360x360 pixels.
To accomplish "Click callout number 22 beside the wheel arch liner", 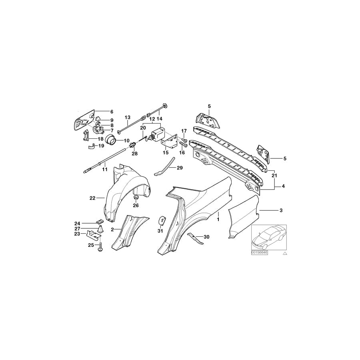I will (x=92, y=198).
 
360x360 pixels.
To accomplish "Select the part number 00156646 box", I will (x=260, y=253).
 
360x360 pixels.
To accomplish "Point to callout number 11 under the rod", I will (x=104, y=170).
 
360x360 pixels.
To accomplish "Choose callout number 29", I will (x=180, y=168).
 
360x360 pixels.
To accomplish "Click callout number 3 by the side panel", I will (x=281, y=210).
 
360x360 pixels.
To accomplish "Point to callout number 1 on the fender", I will (x=218, y=220).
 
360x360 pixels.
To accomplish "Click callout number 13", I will (x=128, y=117).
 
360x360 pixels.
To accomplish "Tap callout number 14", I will (x=159, y=119).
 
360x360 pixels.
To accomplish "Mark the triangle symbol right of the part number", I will (x=285, y=253).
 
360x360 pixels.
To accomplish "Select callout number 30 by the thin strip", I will (x=206, y=237).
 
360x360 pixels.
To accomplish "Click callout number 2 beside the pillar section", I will (x=113, y=229).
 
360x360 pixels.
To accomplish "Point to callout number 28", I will (x=134, y=154).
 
